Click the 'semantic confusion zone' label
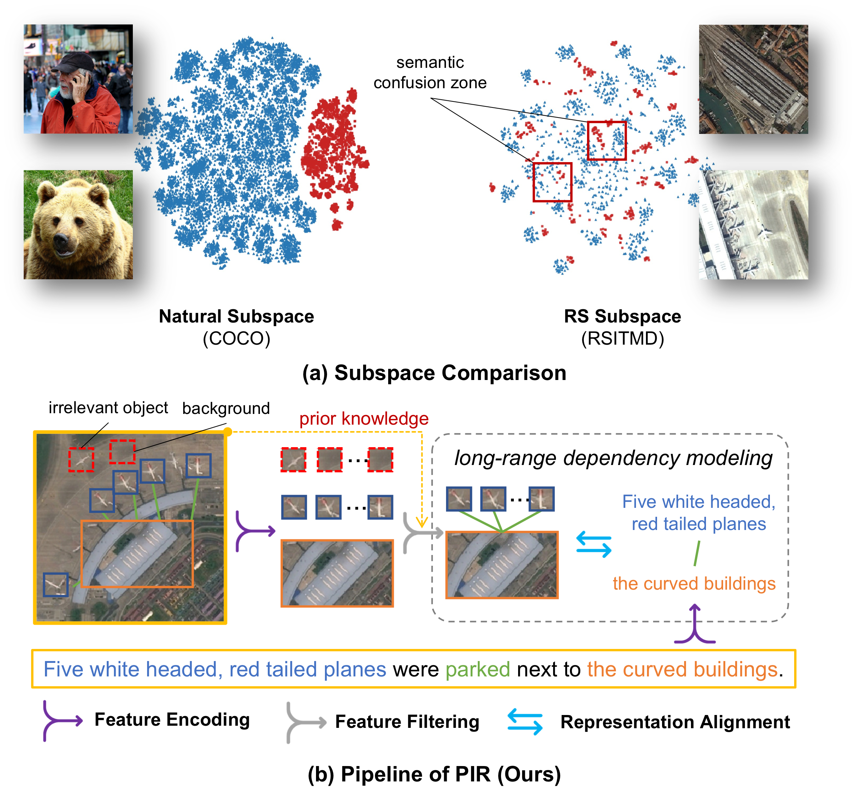point(430,72)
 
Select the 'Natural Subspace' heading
point(236,316)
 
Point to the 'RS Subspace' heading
point(622,316)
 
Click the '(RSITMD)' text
point(622,339)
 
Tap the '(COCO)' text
point(236,339)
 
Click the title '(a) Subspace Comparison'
point(434,372)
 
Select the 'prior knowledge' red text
point(364,418)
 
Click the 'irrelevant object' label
point(108,407)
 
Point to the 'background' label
point(226,408)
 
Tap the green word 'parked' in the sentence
point(478,669)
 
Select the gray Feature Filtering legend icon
point(305,722)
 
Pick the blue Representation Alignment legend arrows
point(525,722)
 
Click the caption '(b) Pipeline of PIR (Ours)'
point(434,774)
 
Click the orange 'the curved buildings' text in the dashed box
point(694,584)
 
